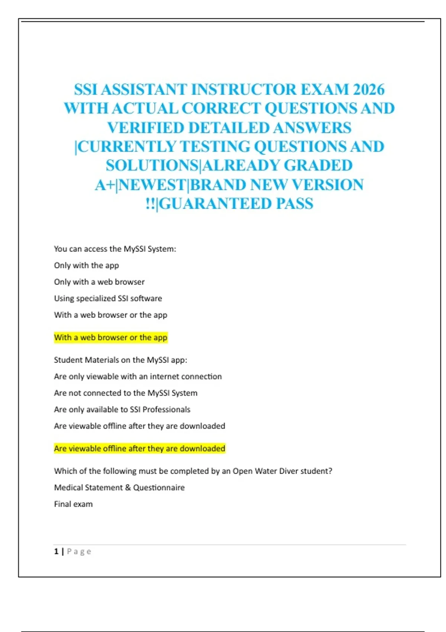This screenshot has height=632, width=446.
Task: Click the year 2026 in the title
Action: pos(368,90)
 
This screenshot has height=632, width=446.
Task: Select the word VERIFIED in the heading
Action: pos(146,128)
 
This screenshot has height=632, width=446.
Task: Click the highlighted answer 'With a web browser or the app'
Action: pos(110,338)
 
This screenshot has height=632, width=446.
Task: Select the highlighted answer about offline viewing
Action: pos(139,449)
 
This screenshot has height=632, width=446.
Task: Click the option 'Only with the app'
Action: pos(86,265)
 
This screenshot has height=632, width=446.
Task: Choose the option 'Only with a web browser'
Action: pos(99,282)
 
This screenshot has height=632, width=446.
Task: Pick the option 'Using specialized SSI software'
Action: pos(108,299)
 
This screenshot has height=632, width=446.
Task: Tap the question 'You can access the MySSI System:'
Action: pos(115,249)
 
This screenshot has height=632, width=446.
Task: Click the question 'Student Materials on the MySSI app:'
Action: pos(120,360)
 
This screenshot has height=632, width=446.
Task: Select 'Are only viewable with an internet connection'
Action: pos(138,377)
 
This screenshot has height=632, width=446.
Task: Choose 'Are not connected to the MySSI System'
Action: pos(126,393)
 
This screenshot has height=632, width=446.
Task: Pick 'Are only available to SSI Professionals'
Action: pos(122,410)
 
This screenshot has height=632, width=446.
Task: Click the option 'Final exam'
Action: pos(73,504)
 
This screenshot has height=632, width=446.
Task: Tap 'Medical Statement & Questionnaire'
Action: pos(119,488)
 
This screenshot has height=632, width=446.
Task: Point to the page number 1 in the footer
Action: pos(56,551)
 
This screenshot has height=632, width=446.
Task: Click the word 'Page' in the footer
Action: pos(79,552)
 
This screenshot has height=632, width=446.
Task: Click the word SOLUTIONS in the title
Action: pos(152,166)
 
